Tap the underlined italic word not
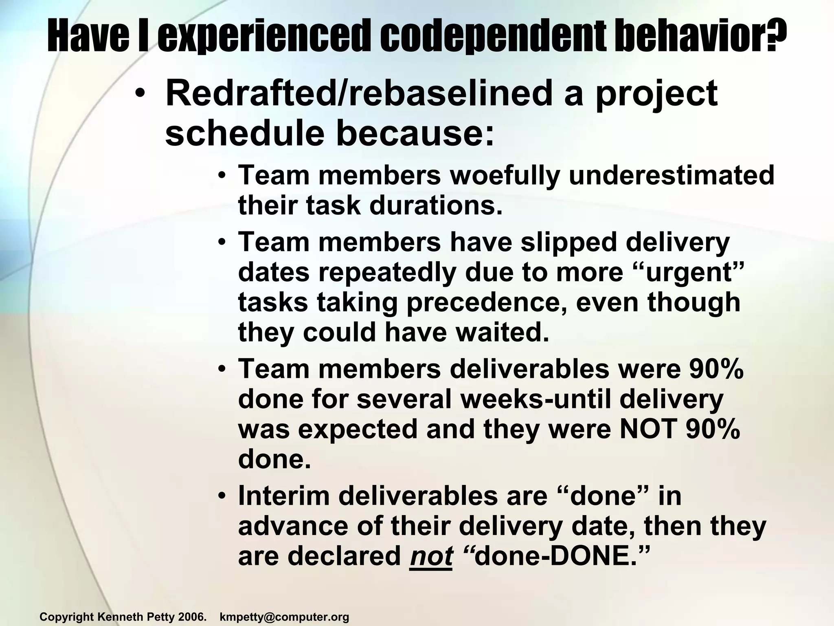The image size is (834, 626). pyautogui.click(x=431, y=556)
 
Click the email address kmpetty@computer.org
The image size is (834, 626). pyautogui.click(x=284, y=617)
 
